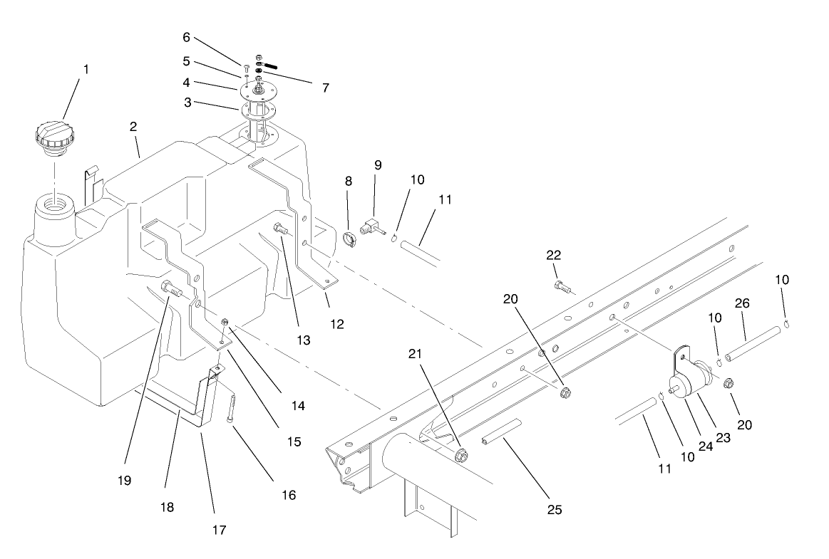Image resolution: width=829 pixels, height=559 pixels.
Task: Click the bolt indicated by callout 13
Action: point(279,230)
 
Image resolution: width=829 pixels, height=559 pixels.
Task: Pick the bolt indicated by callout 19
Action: point(170,289)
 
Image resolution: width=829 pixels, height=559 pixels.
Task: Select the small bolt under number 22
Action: point(560,286)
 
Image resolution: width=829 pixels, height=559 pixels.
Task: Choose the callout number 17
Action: point(219,530)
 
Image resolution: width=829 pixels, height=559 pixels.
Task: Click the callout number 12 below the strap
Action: point(337,324)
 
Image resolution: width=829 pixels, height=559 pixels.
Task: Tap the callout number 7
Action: point(325,88)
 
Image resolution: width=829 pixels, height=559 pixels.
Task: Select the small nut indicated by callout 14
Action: point(225,323)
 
